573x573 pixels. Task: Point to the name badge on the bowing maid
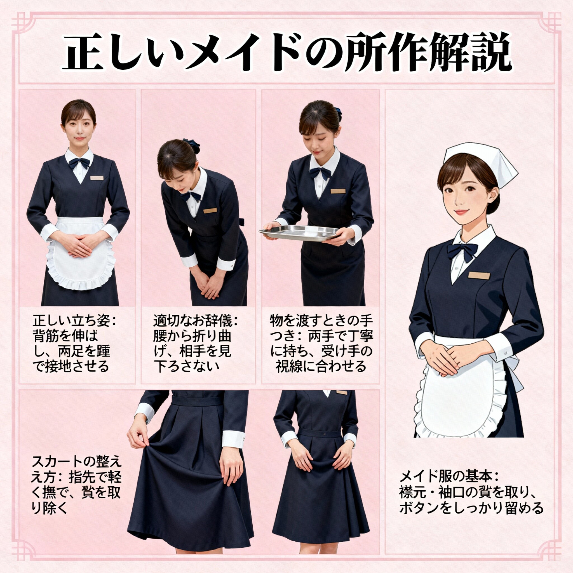[210, 211]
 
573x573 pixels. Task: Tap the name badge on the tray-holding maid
[338, 191]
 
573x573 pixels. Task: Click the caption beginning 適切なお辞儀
[196, 344]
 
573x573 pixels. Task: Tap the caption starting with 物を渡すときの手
[321, 344]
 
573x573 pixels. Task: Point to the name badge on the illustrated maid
[479, 276]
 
